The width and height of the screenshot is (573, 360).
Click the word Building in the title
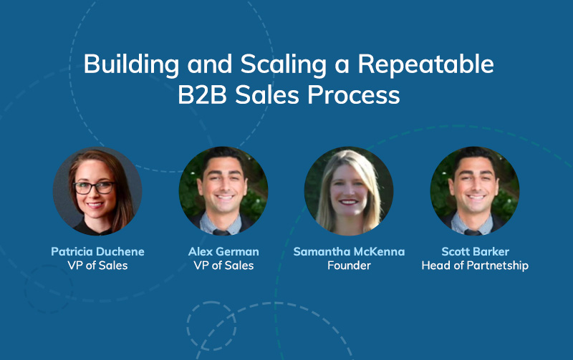[131, 64]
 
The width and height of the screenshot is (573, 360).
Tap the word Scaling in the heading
[283, 64]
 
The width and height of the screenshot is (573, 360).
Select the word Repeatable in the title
[425, 64]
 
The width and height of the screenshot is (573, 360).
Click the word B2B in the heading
[203, 95]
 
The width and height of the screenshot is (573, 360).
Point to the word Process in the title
[354, 95]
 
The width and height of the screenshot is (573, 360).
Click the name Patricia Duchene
[97, 251]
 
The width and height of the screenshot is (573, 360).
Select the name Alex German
[223, 251]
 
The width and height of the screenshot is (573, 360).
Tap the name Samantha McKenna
[349, 251]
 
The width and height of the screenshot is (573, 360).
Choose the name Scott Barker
[475, 251]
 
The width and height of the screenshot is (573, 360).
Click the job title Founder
[349, 266]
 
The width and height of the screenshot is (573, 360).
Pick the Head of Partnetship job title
[475, 266]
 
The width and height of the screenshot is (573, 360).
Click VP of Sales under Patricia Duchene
[97, 266]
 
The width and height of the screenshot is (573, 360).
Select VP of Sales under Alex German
[223, 266]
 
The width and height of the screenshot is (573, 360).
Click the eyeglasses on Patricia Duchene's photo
[95, 188]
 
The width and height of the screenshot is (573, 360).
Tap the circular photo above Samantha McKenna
[349, 191]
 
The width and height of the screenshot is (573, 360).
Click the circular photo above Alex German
[223, 191]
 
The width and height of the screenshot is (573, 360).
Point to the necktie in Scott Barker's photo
[472, 232]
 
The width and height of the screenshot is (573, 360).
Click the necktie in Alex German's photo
[221, 232]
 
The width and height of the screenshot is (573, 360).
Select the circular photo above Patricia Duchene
[97, 191]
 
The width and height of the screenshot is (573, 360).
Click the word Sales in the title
[267, 95]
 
